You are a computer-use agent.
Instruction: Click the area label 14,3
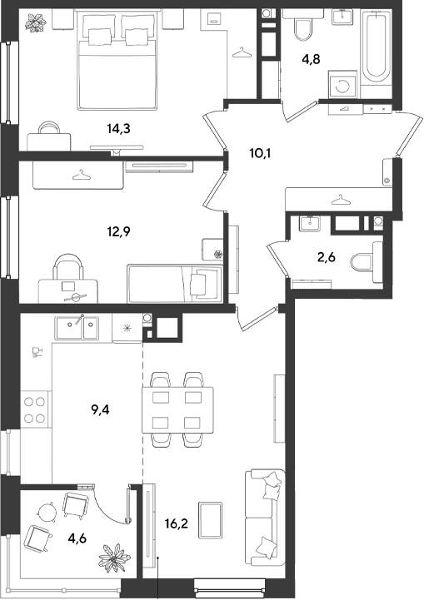(119, 129)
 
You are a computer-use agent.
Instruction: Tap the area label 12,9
(119, 231)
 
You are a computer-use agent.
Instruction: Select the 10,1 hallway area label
(260, 153)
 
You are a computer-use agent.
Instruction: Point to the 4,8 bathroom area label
(311, 60)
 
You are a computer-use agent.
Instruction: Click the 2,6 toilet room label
(327, 257)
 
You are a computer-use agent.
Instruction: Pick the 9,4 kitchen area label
(100, 410)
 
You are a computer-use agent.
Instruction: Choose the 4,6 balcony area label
(77, 538)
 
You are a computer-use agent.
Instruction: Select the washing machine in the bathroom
(342, 85)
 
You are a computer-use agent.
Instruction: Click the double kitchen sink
(77, 328)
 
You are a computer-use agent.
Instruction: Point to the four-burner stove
(35, 409)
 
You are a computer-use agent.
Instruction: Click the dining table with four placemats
(177, 409)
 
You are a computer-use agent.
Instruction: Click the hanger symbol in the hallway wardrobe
(338, 200)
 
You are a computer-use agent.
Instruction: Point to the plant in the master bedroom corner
(36, 22)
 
